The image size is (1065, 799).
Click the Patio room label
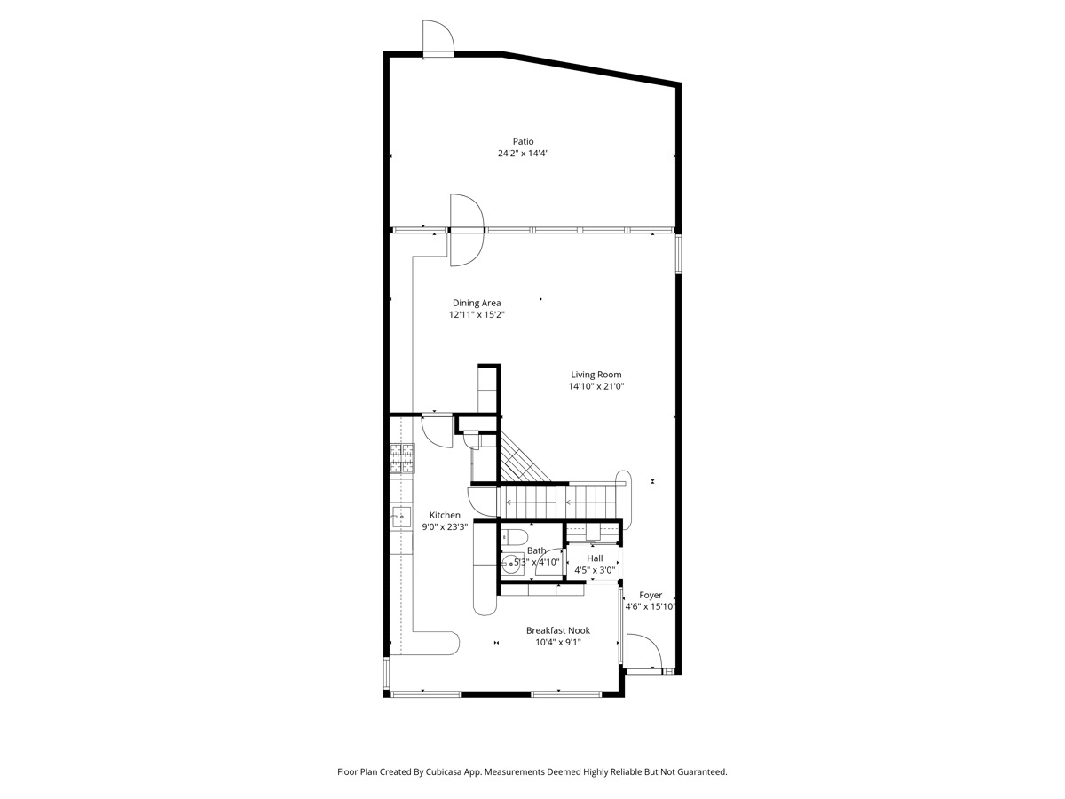point(523,141)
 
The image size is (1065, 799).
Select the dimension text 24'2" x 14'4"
point(523,154)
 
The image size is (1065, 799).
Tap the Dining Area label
point(477,303)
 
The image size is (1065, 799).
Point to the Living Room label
point(596,375)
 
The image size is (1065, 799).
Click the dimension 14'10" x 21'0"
point(596,387)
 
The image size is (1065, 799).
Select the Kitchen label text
point(445,515)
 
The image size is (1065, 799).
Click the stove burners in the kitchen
point(401,458)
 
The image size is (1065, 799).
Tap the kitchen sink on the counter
point(400,514)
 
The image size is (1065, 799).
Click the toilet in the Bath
point(515,537)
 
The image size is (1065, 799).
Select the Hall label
point(595,558)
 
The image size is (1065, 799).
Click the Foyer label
point(651,595)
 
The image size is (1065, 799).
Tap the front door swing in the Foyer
point(642,652)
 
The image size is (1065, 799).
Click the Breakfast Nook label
point(557,630)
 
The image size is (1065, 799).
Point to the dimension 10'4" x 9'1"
point(557,643)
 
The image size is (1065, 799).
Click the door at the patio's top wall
point(438,39)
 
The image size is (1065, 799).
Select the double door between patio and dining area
point(467,230)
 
